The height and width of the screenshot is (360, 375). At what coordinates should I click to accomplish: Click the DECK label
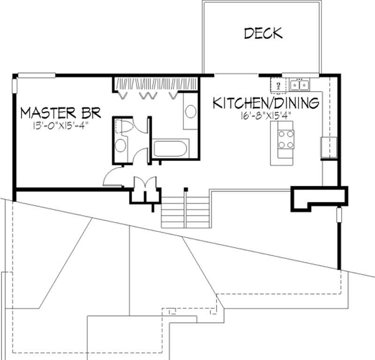(x=263, y=33)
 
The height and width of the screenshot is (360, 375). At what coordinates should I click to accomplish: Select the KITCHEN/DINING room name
(x=266, y=103)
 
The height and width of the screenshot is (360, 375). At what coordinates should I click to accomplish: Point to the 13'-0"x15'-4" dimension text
(x=54, y=126)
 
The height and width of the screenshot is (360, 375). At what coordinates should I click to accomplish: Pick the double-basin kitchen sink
(x=299, y=85)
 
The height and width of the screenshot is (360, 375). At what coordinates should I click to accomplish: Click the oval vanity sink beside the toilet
(x=121, y=145)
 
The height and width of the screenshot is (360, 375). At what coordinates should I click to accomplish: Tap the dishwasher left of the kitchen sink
(x=278, y=85)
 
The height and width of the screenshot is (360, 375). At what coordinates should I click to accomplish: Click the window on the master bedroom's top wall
(x=37, y=75)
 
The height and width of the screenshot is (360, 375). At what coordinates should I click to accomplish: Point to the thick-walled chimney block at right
(x=319, y=196)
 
